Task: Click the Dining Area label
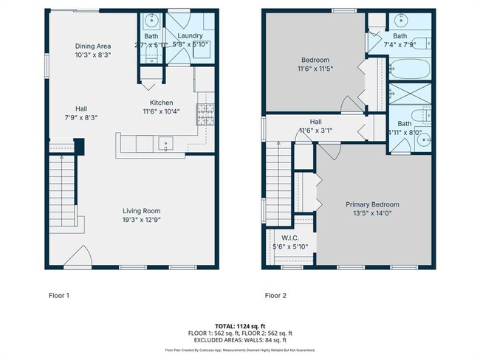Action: [x=93, y=46]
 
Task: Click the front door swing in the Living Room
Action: [x=77, y=257]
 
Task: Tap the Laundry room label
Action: [x=191, y=35]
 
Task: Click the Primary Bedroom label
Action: [x=373, y=204]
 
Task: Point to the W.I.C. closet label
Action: [x=289, y=238]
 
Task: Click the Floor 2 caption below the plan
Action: [x=275, y=296]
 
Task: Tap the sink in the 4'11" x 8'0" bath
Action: [x=424, y=140]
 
